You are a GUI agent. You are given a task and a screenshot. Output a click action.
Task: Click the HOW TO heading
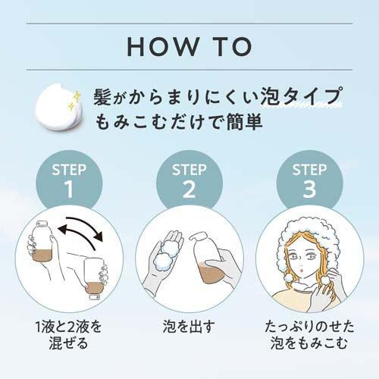[189, 45]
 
